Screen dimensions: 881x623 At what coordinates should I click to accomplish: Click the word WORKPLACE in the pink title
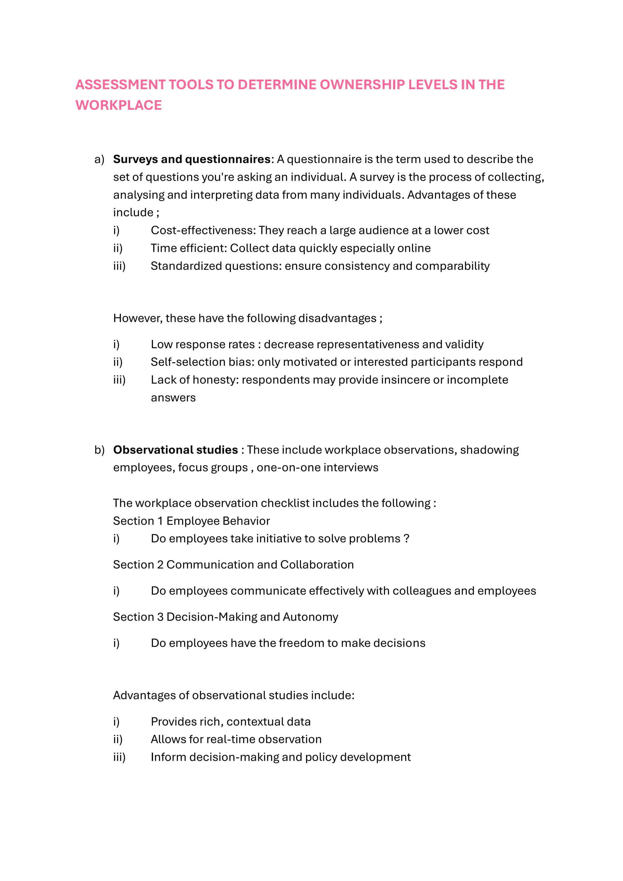(119, 105)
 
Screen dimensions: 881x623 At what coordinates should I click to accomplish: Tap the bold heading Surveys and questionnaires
(192, 159)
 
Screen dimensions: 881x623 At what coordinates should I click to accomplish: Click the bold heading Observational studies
(176, 450)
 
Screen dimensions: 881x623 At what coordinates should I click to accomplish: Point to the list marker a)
(99, 160)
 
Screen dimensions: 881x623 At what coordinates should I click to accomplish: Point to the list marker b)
(99, 450)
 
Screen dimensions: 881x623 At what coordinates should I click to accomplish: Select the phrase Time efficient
(188, 248)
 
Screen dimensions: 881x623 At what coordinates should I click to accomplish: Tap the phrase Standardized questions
(216, 266)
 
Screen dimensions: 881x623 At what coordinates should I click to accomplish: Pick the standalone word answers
(173, 398)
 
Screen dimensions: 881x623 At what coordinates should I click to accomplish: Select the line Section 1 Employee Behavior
(192, 521)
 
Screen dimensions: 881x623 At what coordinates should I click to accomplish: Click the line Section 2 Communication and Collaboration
(233, 565)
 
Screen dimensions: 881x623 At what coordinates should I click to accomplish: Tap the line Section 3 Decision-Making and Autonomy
(226, 617)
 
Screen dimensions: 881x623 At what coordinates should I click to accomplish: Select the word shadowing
(489, 450)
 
